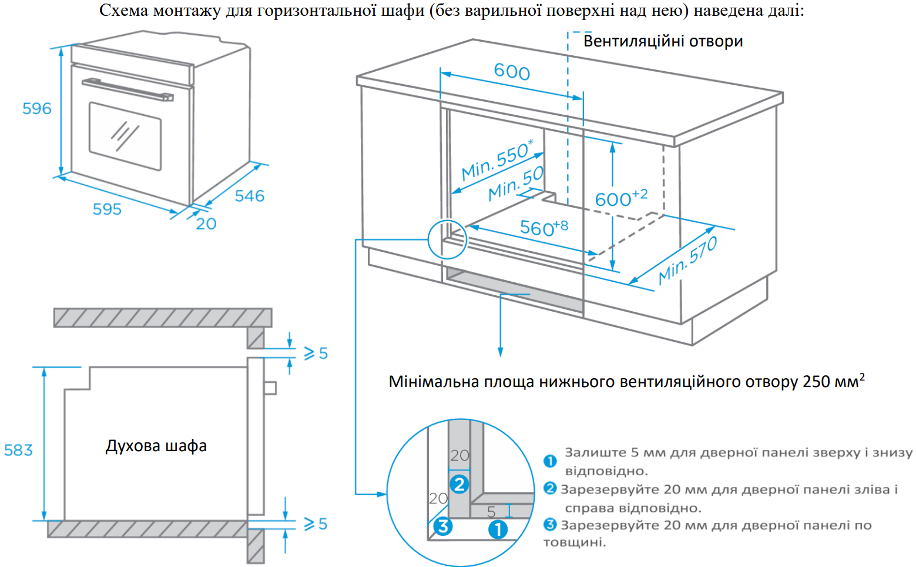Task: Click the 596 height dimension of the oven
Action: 36,109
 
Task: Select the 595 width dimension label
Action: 107,209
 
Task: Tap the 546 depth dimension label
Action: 250,196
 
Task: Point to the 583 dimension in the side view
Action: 18,451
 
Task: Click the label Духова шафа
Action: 156,446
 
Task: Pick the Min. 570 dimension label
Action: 688,261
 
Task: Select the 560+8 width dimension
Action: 543,228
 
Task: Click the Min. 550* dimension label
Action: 497,160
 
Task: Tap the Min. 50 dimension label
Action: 516,184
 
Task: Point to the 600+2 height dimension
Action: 621,198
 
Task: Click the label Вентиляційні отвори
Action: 663,41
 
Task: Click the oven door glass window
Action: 125,136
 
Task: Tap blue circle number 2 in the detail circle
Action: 459,484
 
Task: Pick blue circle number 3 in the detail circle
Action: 443,526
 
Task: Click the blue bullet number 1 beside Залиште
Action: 550,461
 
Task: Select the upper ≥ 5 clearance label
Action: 316,353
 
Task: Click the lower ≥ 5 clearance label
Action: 316,524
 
